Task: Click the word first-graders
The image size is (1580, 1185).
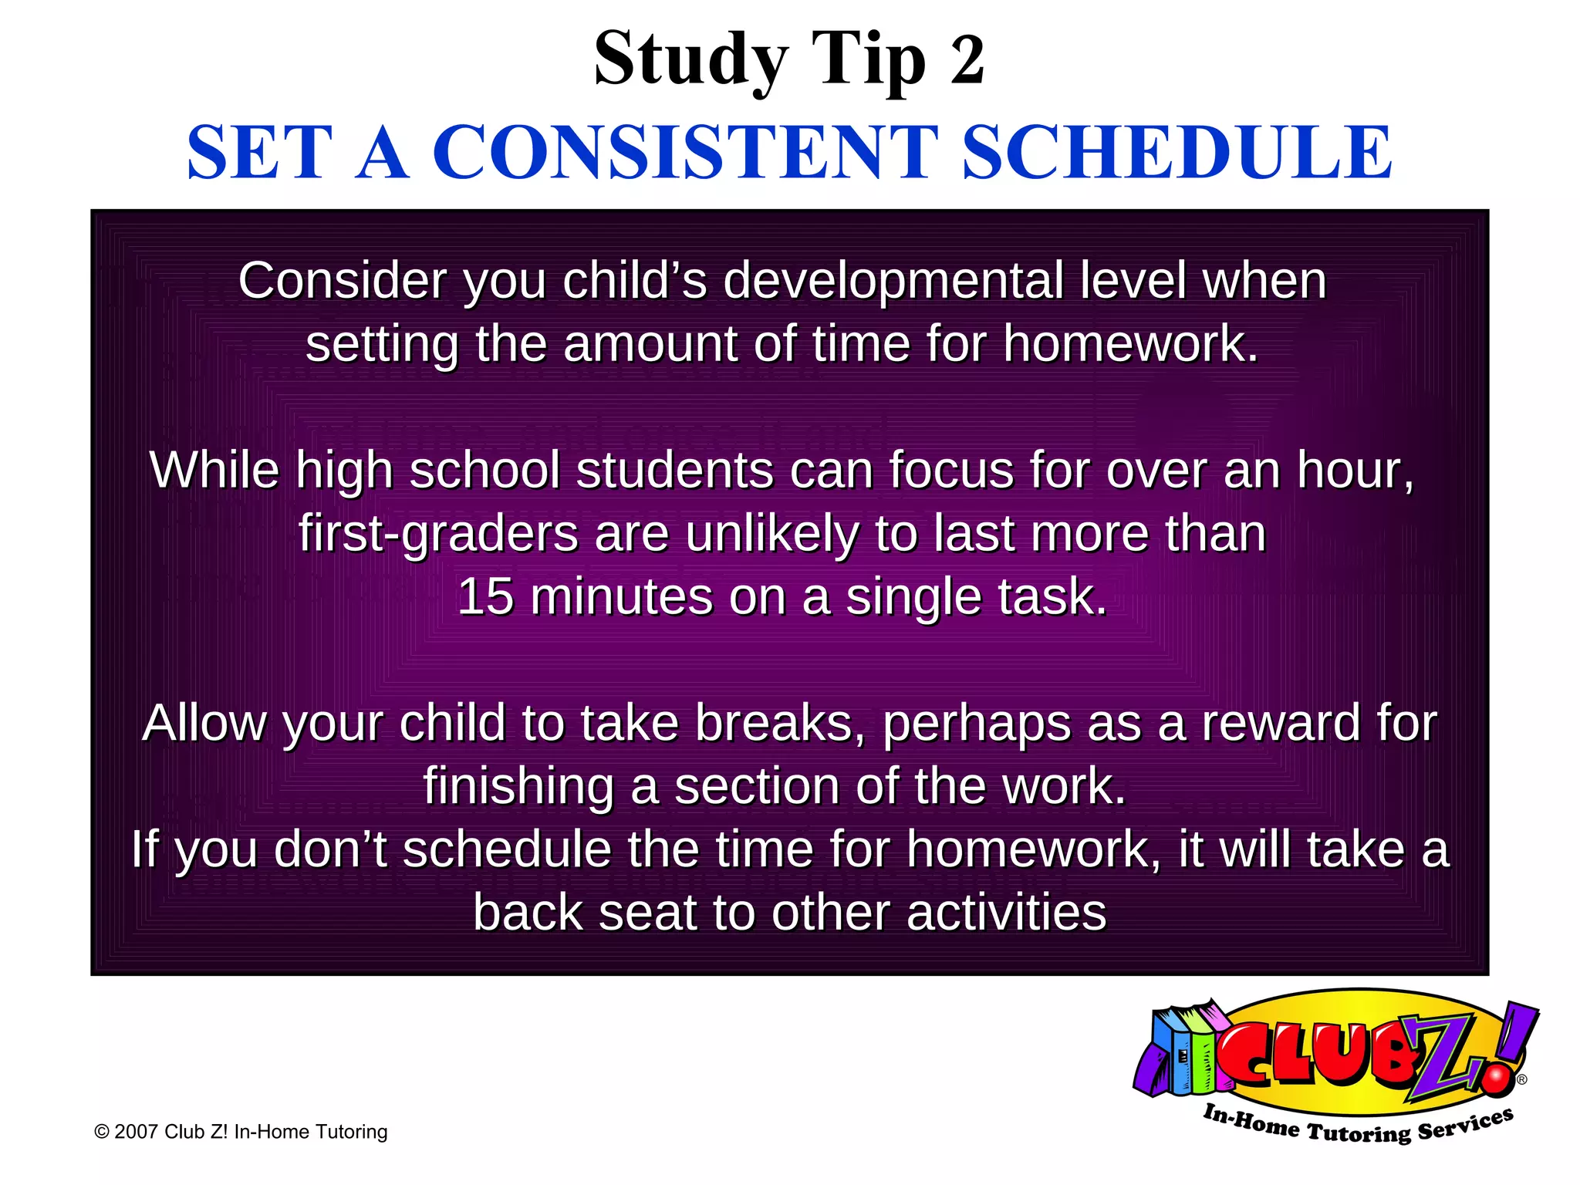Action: [438, 534]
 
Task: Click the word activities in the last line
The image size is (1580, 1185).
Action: [1007, 913]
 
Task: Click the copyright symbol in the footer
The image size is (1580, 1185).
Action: [101, 1132]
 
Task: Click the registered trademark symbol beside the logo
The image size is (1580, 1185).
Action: [1521, 1080]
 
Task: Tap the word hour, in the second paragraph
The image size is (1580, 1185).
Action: [1355, 470]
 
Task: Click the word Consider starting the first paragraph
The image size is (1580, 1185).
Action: [342, 281]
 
